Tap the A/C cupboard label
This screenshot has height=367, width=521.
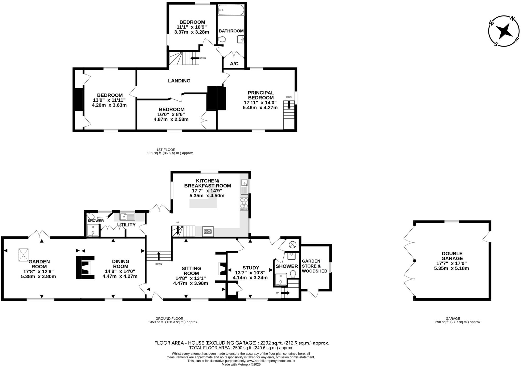point(234,64)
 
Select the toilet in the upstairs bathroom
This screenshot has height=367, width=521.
point(222,39)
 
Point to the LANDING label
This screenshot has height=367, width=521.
point(179,81)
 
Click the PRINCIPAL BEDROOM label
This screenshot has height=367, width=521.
point(261,95)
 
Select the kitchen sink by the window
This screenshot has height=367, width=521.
point(244,186)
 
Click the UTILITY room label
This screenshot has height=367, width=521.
point(126,225)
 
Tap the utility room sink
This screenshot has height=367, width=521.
point(127,216)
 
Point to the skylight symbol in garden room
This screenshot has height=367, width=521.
point(24,255)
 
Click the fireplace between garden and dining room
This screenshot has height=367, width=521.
point(85,268)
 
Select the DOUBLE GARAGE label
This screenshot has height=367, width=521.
point(452,256)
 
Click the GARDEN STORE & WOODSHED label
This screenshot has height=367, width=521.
point(314,266)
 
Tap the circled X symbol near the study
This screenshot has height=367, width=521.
point(293,245)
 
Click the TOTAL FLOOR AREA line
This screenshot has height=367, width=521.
point(241,348)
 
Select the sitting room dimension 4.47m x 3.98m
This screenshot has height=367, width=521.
point(190,283)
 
